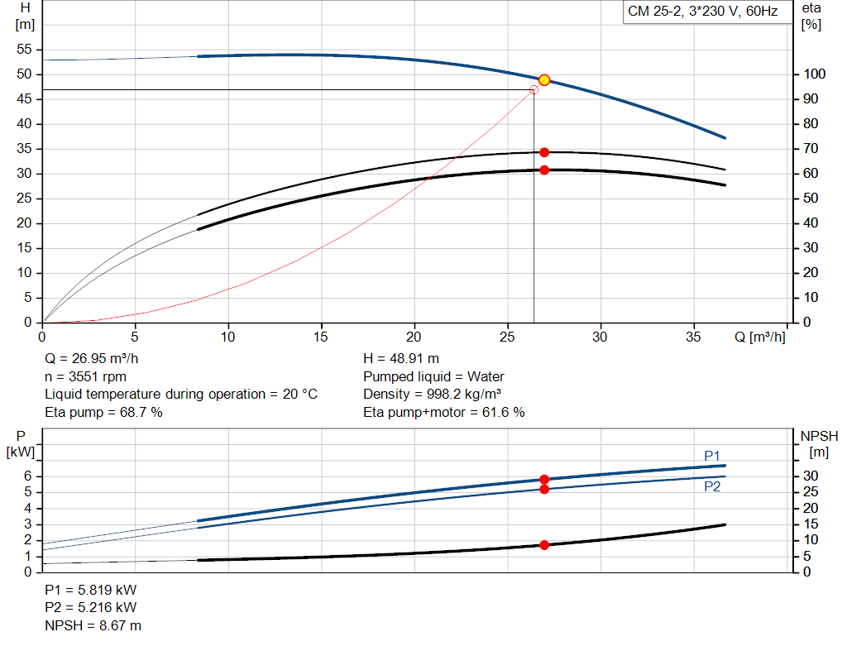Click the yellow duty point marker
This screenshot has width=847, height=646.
coord(544,80)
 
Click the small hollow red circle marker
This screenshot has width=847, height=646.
coord(534,89)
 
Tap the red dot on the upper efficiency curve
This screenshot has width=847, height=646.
coord(544,152)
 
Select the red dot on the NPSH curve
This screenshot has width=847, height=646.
coord(544,545)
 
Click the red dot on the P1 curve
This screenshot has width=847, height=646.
coord(544,480)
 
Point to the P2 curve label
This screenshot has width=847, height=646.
coord(712,486)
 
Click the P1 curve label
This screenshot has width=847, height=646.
coord(712,456)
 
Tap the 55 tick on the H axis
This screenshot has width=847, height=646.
coord(24,49)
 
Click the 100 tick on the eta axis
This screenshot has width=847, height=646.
coord(814,74)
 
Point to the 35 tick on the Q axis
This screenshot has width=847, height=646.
coord(693,337)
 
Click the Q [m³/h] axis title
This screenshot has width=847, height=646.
coord(759,337)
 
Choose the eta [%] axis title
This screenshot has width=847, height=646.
coord(811,17)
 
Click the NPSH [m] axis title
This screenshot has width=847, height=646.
coord(819,444)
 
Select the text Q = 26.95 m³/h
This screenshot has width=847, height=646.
coord(91,358)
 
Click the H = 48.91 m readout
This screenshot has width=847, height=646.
coord(401,358)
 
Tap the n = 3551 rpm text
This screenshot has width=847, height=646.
coord(85,376)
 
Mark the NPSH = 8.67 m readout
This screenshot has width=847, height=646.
coord(93,625)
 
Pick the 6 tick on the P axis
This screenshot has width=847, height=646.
coord(27,476)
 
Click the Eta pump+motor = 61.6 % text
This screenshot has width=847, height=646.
coord(444,412)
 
